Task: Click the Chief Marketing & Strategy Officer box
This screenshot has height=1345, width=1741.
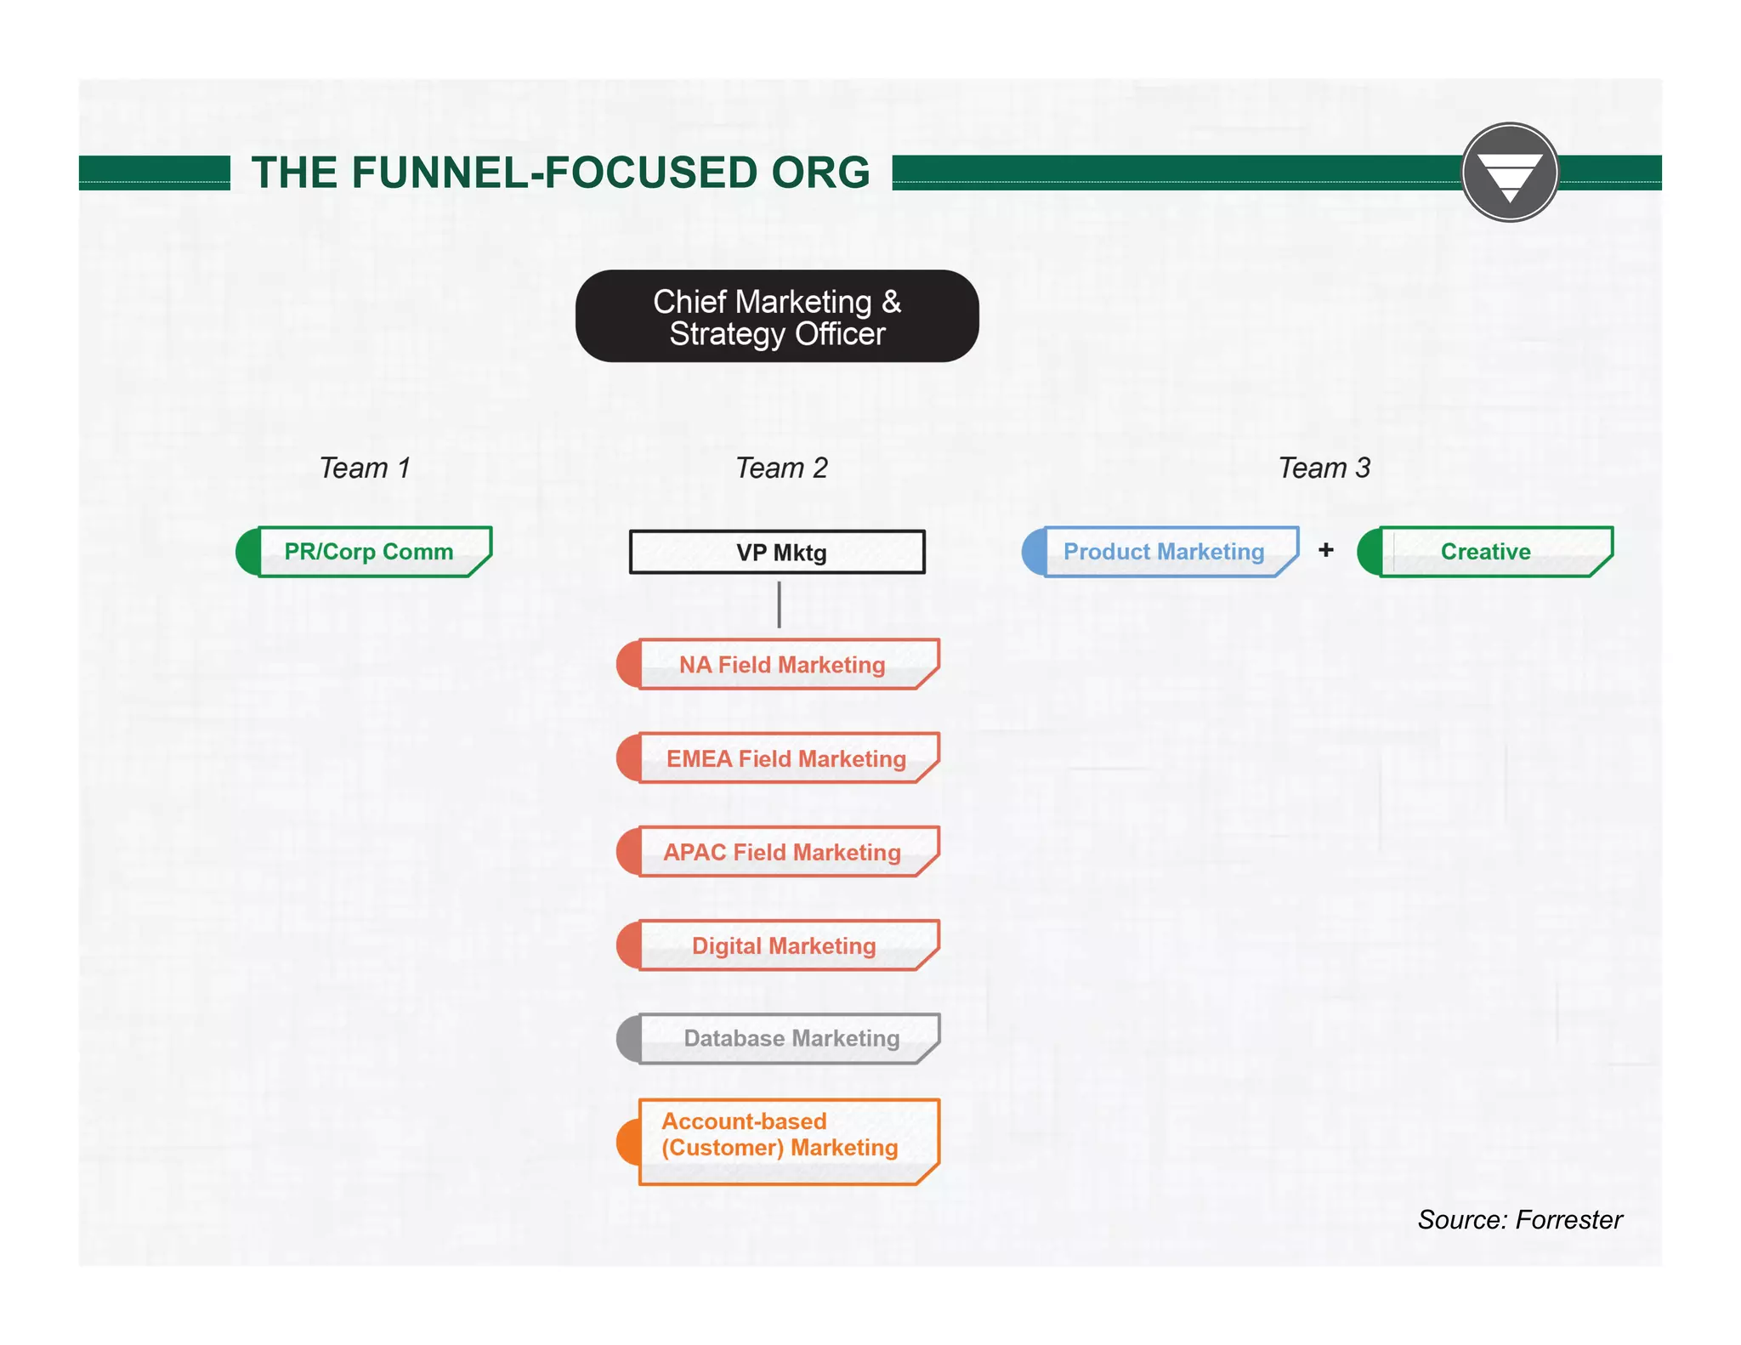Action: coord(777,316)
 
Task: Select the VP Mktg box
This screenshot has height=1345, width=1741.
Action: coord(777,553)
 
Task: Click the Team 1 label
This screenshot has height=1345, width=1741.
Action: coord(365,468)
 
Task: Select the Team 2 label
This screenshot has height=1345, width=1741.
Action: coord(781,468)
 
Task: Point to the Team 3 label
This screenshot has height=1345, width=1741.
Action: coord(1324,468)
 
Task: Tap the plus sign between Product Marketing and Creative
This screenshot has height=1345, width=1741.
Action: coord(1326,550)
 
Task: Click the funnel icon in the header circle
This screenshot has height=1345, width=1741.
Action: coord(1510,174)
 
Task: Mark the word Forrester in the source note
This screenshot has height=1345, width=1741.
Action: coord(1569,1220)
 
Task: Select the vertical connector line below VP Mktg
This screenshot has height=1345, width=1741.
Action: coord(779,605)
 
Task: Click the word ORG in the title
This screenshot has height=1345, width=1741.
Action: coord(820,173)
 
